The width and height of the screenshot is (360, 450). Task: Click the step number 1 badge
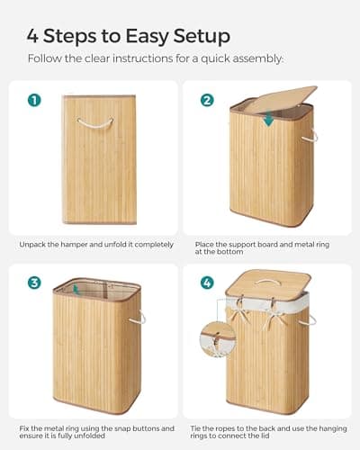click(34, 100)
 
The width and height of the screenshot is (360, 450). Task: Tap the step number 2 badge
click(206, 100)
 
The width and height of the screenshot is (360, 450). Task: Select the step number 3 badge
click(34, 283)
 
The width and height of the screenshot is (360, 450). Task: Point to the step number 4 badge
click(206, 283)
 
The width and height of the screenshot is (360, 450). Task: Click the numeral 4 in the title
click(34, 37)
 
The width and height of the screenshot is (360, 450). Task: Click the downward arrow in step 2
click(267, 119)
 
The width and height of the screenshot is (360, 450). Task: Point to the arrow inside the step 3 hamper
click(76, 291)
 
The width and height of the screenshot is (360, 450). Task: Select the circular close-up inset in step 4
click(218, 338)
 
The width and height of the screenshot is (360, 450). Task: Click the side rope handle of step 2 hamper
click(310, 137)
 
